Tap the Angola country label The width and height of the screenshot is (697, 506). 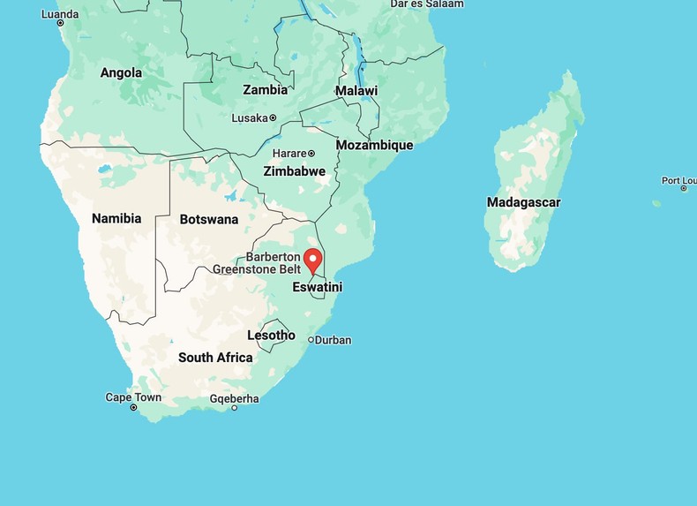pyautogui.click(x=121, y=72)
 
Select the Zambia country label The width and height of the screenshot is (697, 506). pyautogui.click(x=266, y=89)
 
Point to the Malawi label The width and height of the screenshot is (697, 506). pyautogui.click(x=356, y=91)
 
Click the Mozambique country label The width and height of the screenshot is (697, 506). pyautogui.click(x=374, y=145)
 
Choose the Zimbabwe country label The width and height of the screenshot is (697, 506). pyautogui.click(x=295, y=171)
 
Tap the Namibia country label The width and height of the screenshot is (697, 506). pyautogui.click(x=116, y=218)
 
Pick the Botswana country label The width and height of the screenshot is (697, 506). pyautogui.click(x=209, y=219)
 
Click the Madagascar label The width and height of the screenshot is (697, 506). pyautogui.click(x=523, y=202)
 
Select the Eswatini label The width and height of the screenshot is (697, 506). pyautogui.click(x=317, y=287)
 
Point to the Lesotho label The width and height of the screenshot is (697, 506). pyautogui.click(x=271, y=335)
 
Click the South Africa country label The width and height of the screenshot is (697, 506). pyautogui.click(x=215, y=358)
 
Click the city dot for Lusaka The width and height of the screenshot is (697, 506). pyautogui.click(x=273, y=117)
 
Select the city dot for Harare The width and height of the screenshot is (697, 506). pyautogui.click(x=311, y=154)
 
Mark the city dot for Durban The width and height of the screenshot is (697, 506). pyautogui.click(x=311, y=340)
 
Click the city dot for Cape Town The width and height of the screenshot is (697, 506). pyautogui.click(x=133, y=408)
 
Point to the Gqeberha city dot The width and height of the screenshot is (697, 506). pyautogui.click(x=234, y=408)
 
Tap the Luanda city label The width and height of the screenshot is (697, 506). pyautogui.click(x=60, y=14)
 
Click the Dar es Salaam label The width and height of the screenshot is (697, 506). pyautogui.click(x=427, y=4)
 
